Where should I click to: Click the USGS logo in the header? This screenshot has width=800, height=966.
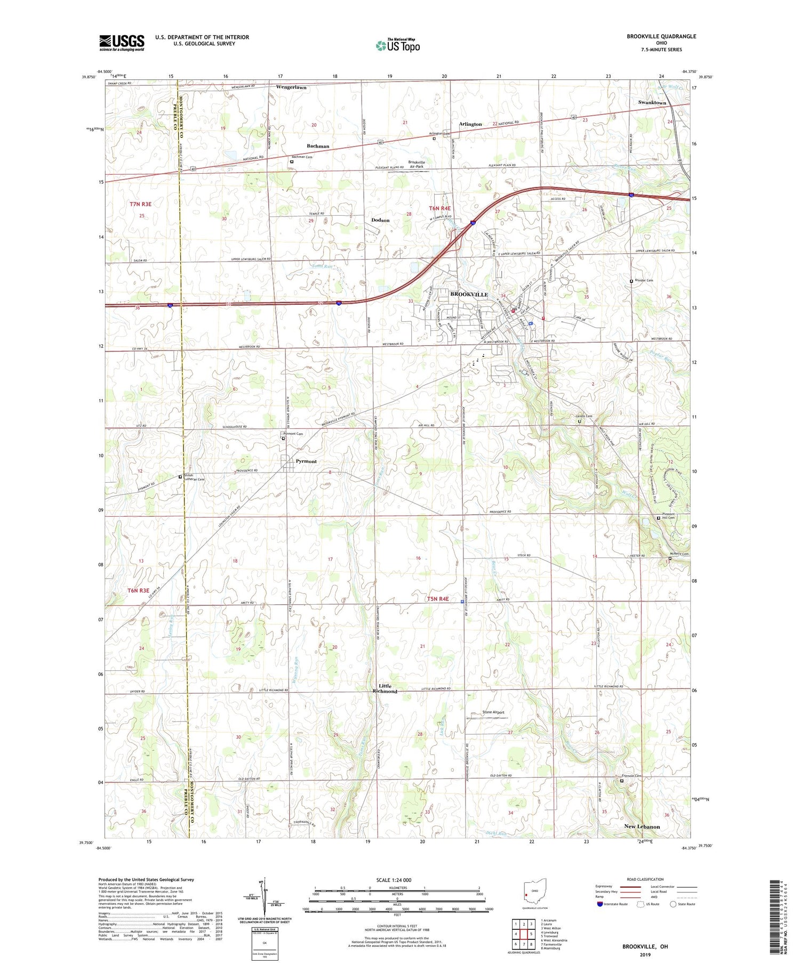click(122, 42)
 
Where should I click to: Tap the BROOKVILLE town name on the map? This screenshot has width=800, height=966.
click(469, 294)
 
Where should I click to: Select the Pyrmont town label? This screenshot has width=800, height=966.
click(303, 461)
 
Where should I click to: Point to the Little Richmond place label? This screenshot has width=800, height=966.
click(385, 689)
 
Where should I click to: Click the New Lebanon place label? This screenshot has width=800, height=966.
click(642, 826)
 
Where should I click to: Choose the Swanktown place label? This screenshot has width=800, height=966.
click(652, 102)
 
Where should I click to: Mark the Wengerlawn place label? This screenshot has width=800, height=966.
click(291, 87)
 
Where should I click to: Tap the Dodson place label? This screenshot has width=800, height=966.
click(380, 220)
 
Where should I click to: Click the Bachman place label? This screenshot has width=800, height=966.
click(318, 146)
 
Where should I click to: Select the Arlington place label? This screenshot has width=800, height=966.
click(470, 124)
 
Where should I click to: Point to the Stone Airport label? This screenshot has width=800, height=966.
click(493, 712)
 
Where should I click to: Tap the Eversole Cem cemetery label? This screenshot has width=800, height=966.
click(631, 776)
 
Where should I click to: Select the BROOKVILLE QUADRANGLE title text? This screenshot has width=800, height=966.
click(661, 36)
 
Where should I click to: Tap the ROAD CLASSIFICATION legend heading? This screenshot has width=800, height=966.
click(645, 879)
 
